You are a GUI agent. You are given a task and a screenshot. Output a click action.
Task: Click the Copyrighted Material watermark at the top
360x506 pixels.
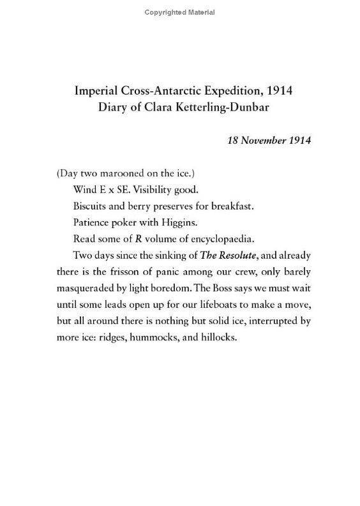[x=179, y=12]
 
